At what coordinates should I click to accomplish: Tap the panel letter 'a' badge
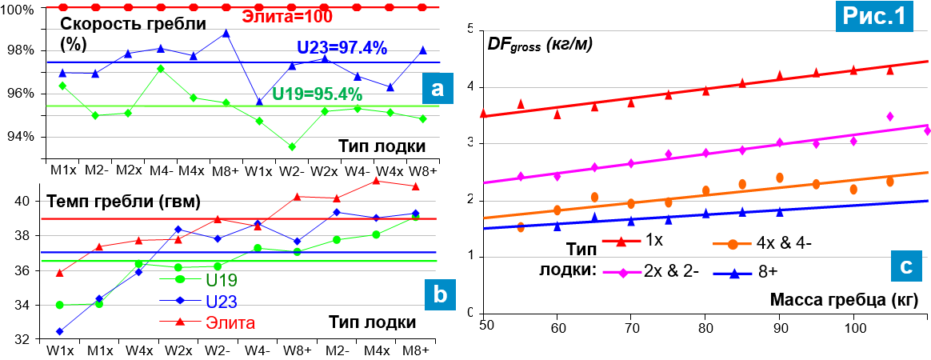437,88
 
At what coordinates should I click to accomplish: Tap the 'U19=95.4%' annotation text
318,94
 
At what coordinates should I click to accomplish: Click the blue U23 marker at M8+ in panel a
226,34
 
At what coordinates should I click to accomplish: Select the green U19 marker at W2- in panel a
291,146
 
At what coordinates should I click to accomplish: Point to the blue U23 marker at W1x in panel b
59,331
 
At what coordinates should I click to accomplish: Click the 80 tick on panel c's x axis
705,327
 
